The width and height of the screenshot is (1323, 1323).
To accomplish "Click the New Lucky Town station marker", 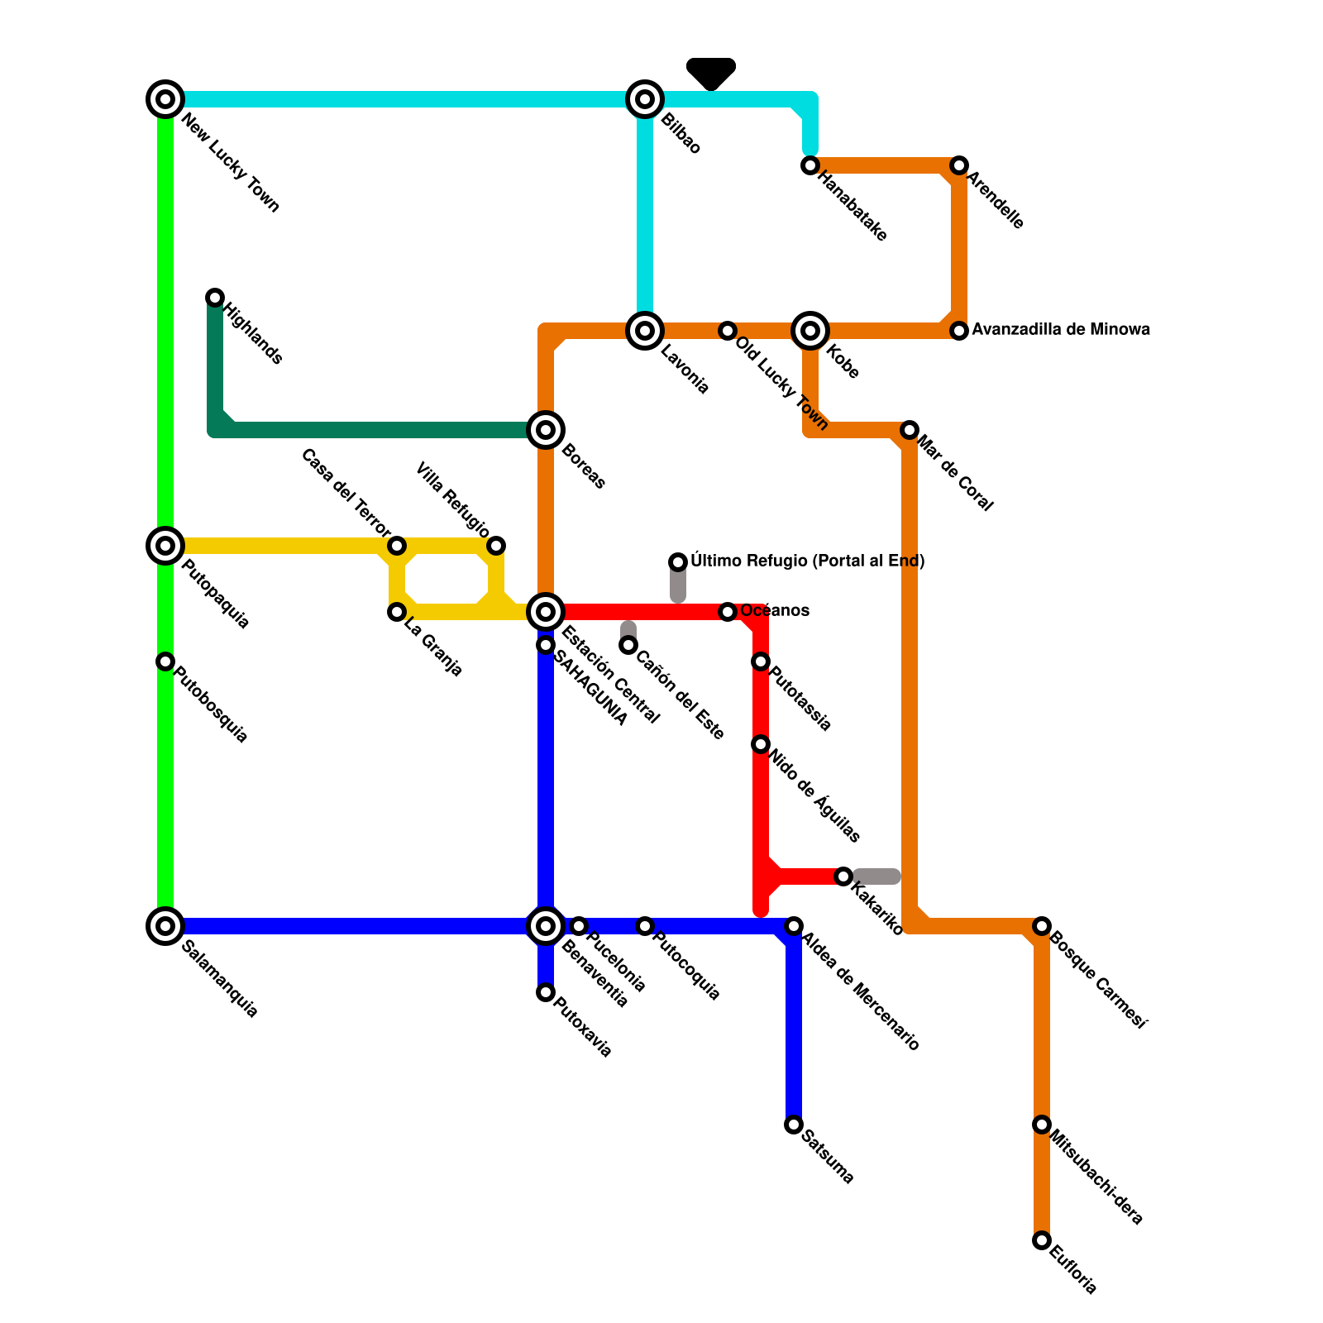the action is [165, 99].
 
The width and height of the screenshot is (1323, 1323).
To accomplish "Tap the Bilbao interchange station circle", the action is [645, 99].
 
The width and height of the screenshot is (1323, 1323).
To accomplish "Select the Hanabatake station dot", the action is [810, 165].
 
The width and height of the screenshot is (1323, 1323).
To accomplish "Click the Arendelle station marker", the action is [959, 165].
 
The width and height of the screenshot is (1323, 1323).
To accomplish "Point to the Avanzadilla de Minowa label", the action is [1060, 330].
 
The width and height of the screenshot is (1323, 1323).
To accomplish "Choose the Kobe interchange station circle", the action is [810, 331].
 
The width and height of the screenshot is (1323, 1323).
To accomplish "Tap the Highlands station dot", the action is [215, 298].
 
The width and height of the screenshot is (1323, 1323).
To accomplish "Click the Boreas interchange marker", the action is [546, 430].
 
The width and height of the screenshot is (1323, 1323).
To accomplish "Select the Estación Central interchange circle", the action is [546, 612].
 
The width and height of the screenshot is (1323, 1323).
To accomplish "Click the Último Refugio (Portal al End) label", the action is [807, 561].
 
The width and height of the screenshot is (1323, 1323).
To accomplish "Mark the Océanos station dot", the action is [728, 612].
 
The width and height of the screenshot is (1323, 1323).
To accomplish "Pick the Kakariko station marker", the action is [843, 876].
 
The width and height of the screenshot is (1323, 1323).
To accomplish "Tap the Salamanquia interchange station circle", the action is [165, 926].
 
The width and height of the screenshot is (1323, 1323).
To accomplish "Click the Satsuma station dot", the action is [794, 1125].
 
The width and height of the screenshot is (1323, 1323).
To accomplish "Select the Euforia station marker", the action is [1042, 1240].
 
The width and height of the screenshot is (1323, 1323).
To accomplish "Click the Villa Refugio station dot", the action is [496, 546].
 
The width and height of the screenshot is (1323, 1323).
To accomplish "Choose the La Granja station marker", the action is [397, 612].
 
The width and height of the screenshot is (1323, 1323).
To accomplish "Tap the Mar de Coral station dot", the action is [910, 430].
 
